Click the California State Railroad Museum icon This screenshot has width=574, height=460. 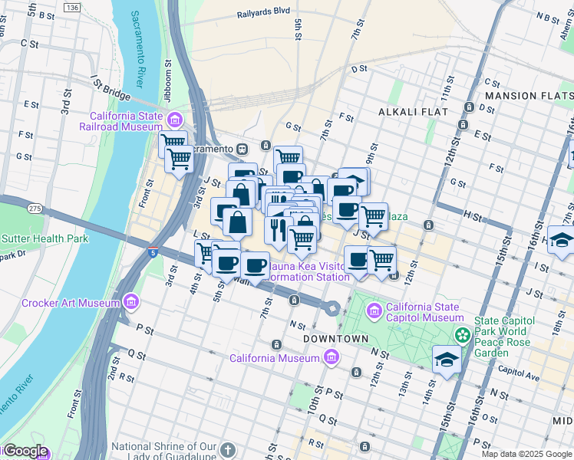(x=176, y=120)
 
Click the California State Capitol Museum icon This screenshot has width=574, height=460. (x=374, y=310)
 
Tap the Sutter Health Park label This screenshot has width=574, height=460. (x=45, y=238)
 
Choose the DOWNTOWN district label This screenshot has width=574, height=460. (x=335, y=338)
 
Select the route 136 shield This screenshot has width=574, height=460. (x=72, y=7)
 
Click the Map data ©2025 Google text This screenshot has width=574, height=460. (x=526, y=454)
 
